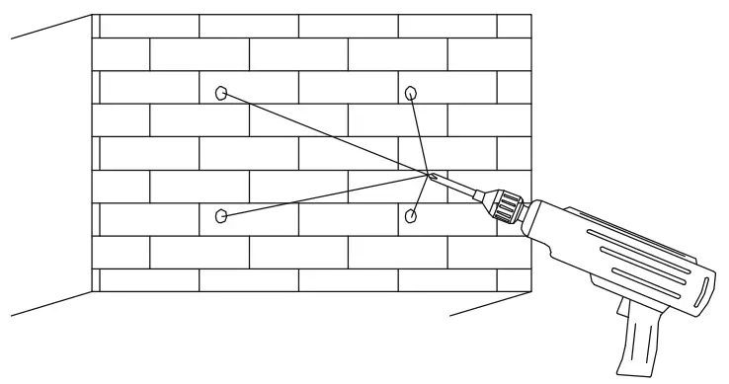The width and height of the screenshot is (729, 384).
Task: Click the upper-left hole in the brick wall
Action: coord(221,94)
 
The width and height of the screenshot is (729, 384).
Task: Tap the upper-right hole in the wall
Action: coord(411,93)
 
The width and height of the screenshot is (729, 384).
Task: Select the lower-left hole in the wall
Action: coord(221,214)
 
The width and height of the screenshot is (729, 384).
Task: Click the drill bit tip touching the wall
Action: coord(432,176)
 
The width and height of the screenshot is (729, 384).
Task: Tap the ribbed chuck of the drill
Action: coord(507,207)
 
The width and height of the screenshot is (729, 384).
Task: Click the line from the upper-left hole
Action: coord(326,135)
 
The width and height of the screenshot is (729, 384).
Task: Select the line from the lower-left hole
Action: coord(326,195)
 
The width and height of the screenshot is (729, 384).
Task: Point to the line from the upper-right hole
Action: coord(421,133)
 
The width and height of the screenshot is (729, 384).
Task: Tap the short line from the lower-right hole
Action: coord(421,194)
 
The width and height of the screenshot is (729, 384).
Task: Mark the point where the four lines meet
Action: coord(429,175)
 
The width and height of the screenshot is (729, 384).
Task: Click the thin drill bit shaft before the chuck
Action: coord(459,188)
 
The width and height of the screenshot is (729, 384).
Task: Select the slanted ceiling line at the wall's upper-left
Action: coord(49,27)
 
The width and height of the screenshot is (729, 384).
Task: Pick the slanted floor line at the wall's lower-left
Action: coord(49,304)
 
